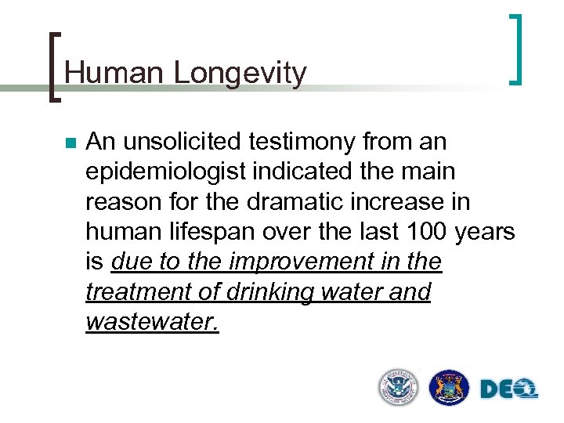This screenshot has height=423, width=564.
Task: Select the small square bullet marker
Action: [x=70, y=144]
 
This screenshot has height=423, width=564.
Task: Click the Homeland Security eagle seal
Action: [x=399, y=387]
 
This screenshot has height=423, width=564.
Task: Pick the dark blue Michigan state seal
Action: [x=449, y=387]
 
